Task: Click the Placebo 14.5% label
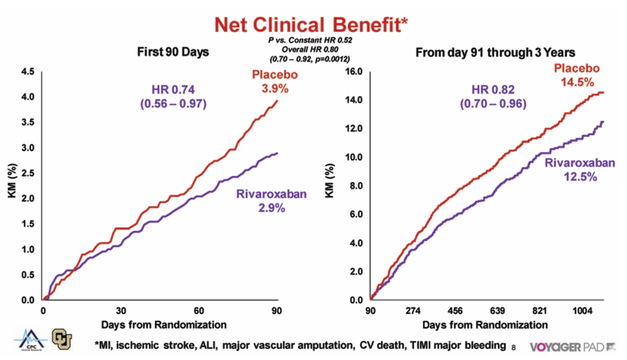pyautogui.click(x=576, y=75)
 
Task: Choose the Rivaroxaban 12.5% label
pyautogui.click(x=580, y=170)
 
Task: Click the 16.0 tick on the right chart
pyautogui.click(x=354, y=72)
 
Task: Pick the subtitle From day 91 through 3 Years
pyautogui.click(x=495, y=52)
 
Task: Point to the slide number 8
pyautogui.click(x=513, y=348)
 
